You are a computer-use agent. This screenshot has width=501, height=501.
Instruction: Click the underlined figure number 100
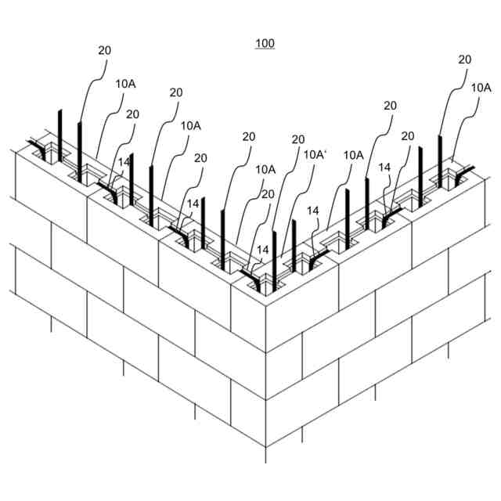click(265, 44)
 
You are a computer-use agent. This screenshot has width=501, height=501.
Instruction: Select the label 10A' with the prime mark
click(314, 155)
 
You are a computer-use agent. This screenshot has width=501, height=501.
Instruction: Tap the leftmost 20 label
click(105, 50)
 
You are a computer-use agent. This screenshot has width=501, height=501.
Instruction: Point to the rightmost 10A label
click(481, 88)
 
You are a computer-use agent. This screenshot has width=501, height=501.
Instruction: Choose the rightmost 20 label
click(465, 59)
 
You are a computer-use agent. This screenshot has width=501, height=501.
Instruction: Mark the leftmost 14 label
click(123, 161)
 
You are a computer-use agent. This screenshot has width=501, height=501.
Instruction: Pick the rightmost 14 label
click(384, 167)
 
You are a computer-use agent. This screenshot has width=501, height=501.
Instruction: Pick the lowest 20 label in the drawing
click(269, 194)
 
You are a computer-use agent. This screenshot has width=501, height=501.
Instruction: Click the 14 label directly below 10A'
click(313, 211)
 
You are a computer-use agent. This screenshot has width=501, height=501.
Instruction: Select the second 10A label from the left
click(190, 125)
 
